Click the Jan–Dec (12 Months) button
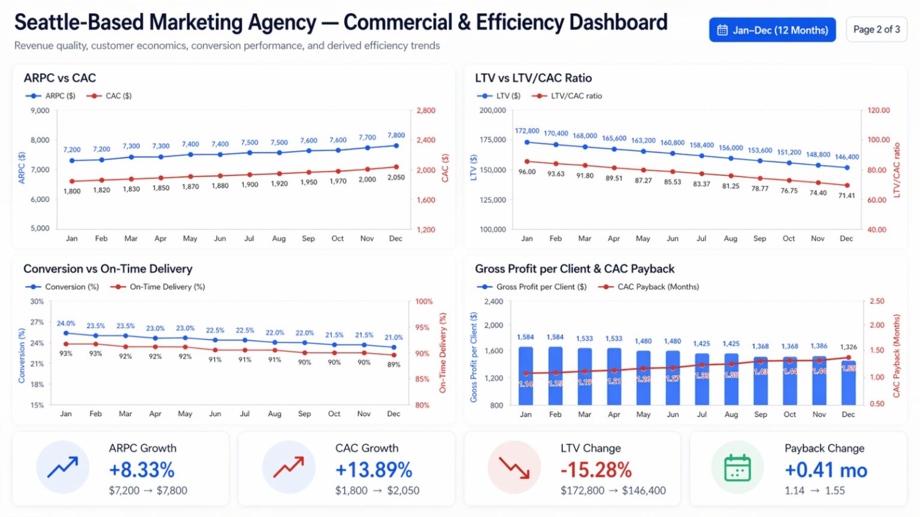[x=772, y=30]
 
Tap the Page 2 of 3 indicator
[x=876, y=29]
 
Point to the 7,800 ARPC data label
[x=396, y=135]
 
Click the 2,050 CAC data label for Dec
[x=396, y=178]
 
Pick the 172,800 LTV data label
[x=527, y=130]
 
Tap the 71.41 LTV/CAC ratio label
[x=846, y=196]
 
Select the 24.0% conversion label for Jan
[x=66, y=324]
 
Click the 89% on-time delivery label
[x=394, y=364]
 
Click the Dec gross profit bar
[x=848, y=383]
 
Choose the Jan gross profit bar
[x=526, y=376]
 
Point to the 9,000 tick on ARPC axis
[x=40, y=111]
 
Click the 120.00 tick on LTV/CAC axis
[x=879, y=111]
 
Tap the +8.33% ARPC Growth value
[x=141, y=470]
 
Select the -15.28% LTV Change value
[x=596, y=470]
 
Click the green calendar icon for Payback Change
[x=737, y=467]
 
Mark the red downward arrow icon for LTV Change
[x=514, y=467]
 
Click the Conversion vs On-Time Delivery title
[x=108, y=269]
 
